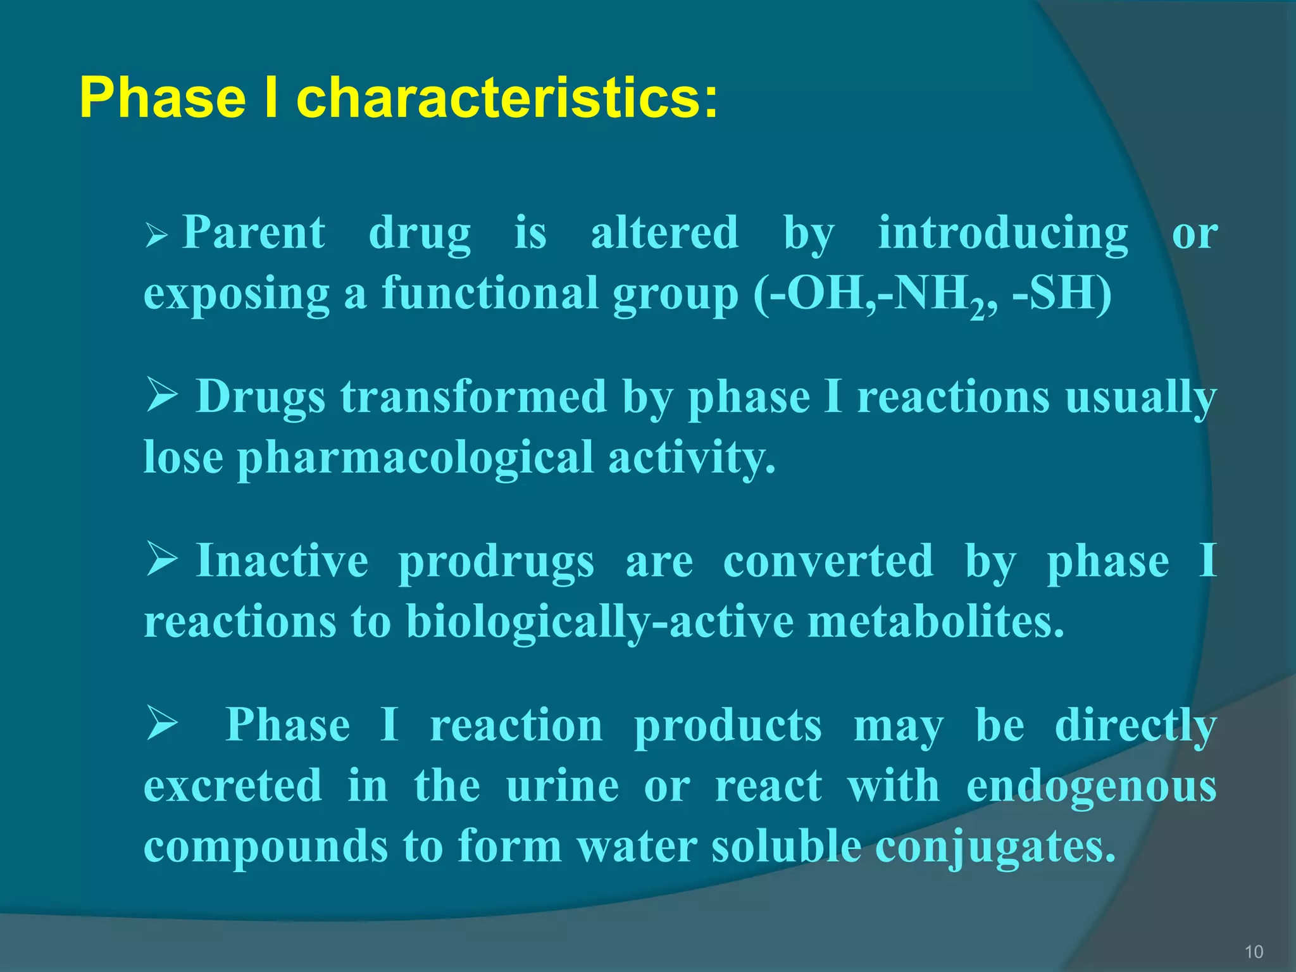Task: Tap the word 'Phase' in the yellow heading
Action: pyautogui.click(x=163, y=98)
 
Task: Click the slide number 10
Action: pyautogui.click(x=1253, y=951)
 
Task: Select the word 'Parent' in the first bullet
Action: pyautogui.click(x=254, y=232)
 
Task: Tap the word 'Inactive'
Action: pyautogui.click(x=282, y=561)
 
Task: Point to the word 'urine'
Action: pyautogui.click(x=562, y=786)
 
